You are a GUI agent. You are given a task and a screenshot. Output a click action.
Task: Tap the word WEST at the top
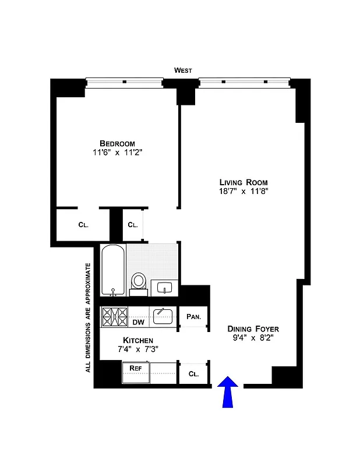[183, 70]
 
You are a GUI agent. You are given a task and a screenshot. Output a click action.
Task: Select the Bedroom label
[117, 143]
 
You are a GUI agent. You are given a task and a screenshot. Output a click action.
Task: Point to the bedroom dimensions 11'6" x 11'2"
[117, 153]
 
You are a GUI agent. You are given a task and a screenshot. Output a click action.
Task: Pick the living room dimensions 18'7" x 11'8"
[243, 191]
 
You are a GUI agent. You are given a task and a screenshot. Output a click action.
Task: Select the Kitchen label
[138, 340]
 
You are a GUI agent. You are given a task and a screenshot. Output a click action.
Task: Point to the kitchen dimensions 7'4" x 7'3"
[138, 349]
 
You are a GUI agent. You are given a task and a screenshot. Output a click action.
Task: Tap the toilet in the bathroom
[139, 281]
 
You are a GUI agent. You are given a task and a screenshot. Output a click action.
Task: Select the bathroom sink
[164, 288]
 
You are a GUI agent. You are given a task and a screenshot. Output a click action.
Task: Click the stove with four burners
[115, 317]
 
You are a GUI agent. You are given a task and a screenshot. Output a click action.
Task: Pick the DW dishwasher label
[138, 322]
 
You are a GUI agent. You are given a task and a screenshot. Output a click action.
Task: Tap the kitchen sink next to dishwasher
[163, 316]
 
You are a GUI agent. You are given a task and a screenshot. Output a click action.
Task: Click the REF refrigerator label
[135, 368]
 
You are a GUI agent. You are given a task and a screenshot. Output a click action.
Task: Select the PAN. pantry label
[193, 317]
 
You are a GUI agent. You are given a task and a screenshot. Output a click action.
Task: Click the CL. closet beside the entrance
[193, 374]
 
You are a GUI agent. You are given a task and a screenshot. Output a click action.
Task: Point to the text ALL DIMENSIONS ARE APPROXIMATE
[89, 317]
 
